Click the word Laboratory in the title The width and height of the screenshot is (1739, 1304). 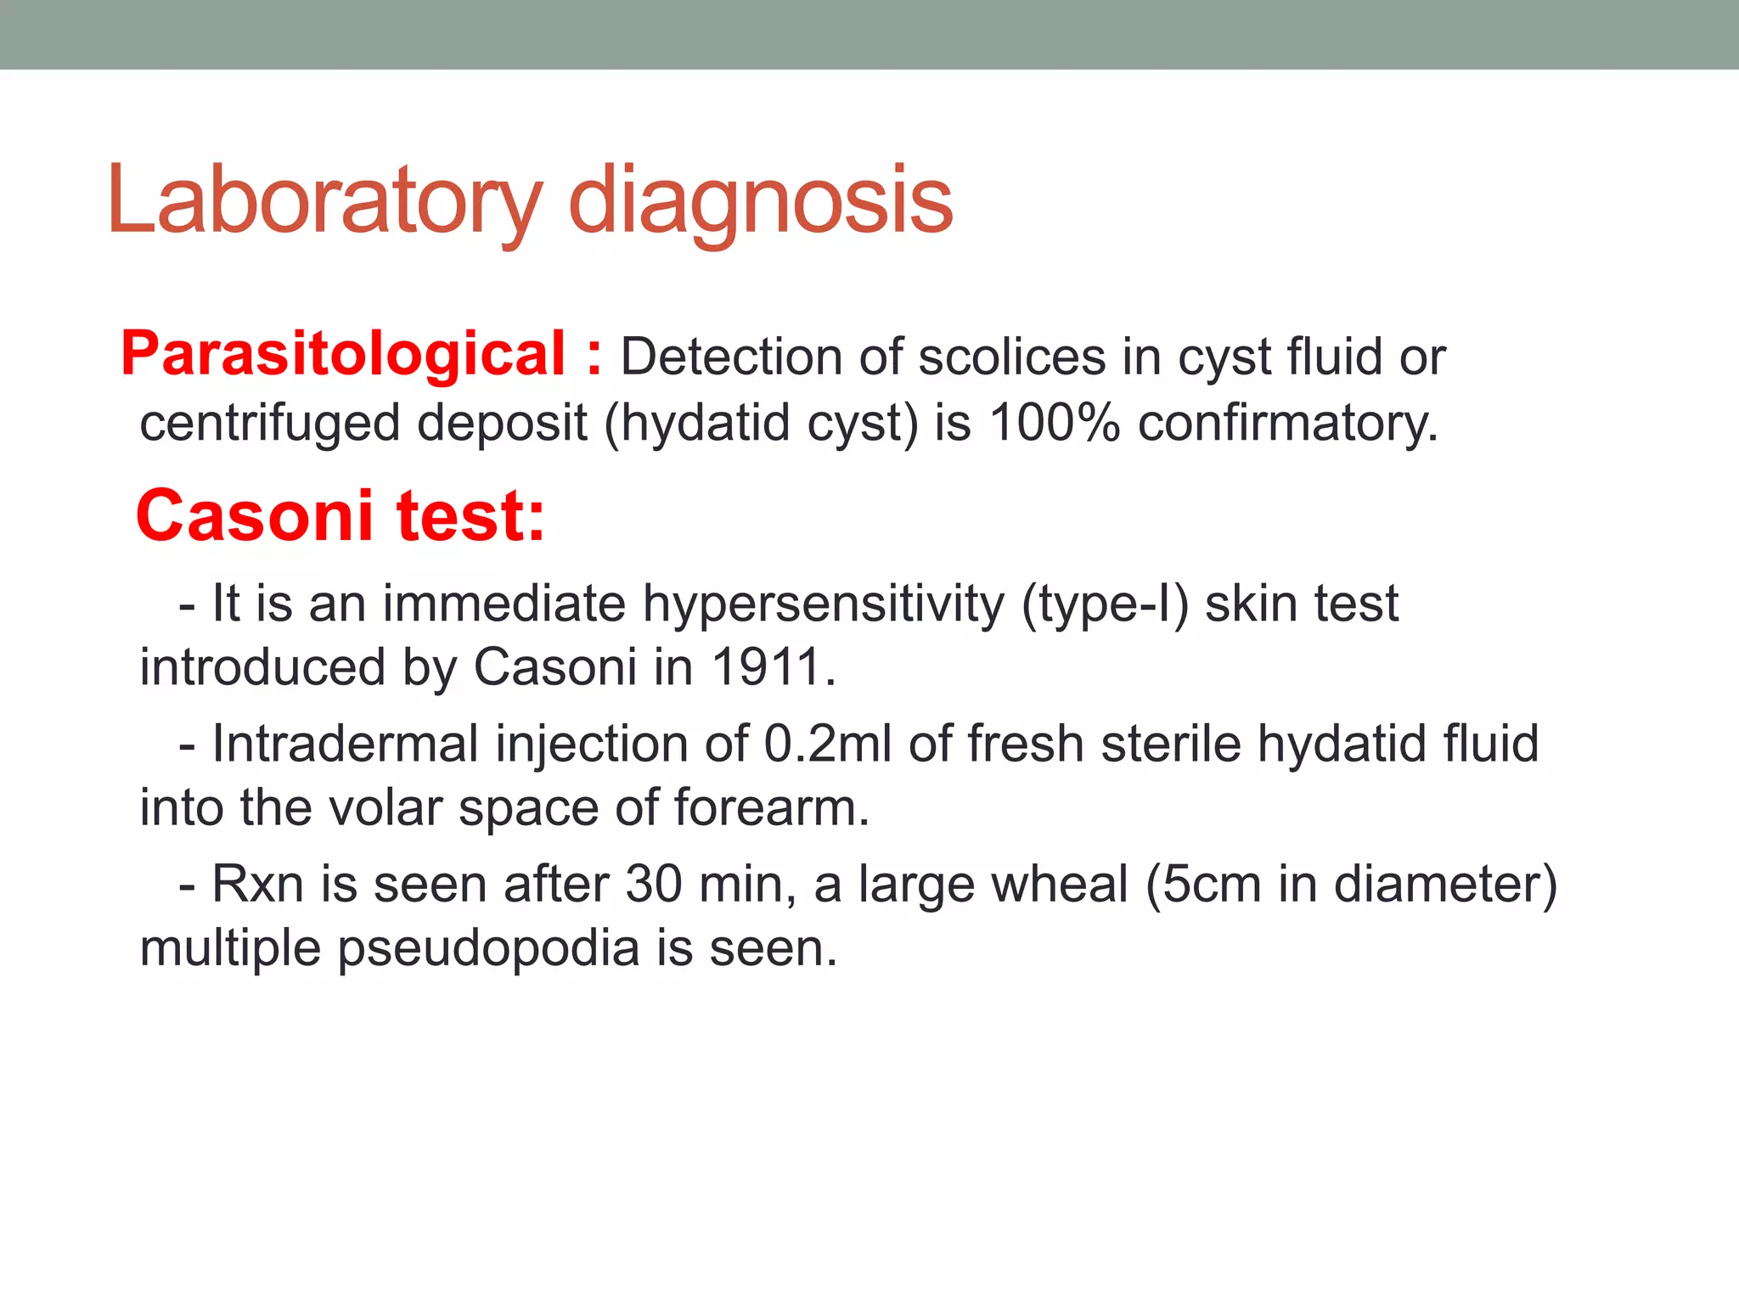[x=324, y=201]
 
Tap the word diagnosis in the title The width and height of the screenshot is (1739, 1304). [x=760, y=201]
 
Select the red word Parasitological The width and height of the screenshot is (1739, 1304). [x=343, y=354]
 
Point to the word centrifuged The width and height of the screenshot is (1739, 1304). [x=270, y=423]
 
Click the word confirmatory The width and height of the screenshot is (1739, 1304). [x=1287, y=423]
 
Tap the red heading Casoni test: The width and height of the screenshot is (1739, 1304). [x=340, y=515]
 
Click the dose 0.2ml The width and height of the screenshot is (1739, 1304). [x=828, y=744]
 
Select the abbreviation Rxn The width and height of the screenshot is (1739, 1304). [x=257, y=884]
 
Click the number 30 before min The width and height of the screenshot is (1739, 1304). [x=654, y=884]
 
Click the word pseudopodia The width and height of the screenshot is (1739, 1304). [x=488, y=948]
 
